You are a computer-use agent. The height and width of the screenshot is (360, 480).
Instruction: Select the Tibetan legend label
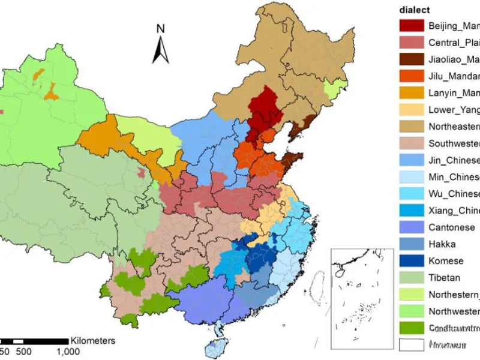(444, 278)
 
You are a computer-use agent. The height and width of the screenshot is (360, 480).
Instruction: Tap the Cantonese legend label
(451, 227)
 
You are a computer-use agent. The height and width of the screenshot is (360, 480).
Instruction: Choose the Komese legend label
(446, 261)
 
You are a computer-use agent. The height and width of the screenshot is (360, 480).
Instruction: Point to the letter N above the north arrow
(160, 28)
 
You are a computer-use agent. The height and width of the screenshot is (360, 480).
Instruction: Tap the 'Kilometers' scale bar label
(92, 340)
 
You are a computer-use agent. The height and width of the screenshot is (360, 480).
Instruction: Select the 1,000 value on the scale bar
(68, 352)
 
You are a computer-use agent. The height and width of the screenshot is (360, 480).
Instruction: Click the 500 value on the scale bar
(23, 352)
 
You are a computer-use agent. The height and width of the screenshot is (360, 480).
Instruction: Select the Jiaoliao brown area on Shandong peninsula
(293, 161)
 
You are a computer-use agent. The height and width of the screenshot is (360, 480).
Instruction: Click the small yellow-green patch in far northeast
(331, 92)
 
